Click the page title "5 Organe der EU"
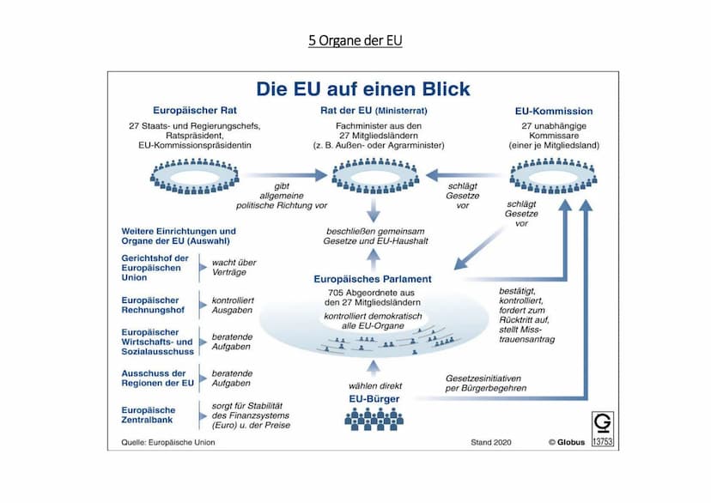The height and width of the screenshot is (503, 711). tap(355, 40)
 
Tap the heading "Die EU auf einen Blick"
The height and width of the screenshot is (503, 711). tap(363, 89)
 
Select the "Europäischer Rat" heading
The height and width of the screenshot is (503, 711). tap(195, 111)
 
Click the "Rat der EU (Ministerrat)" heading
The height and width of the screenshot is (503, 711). tap(374, 111)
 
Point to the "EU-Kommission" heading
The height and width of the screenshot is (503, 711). tap(553, 112)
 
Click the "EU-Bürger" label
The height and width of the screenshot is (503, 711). tap(372, 399)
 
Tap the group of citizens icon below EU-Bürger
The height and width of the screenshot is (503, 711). tap(374, 419)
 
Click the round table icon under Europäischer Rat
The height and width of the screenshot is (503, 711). tap(194, 175)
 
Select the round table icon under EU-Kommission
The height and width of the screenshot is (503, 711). tap(553, 175)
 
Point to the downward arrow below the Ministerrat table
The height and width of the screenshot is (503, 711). tap(374, 210)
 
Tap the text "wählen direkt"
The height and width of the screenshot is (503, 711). tap(374, 385)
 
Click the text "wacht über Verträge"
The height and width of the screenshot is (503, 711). tap(234, 266)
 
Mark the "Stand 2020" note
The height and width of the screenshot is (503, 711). tap(490, 443)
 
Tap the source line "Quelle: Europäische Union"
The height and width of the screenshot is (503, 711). tap(161, 443)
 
